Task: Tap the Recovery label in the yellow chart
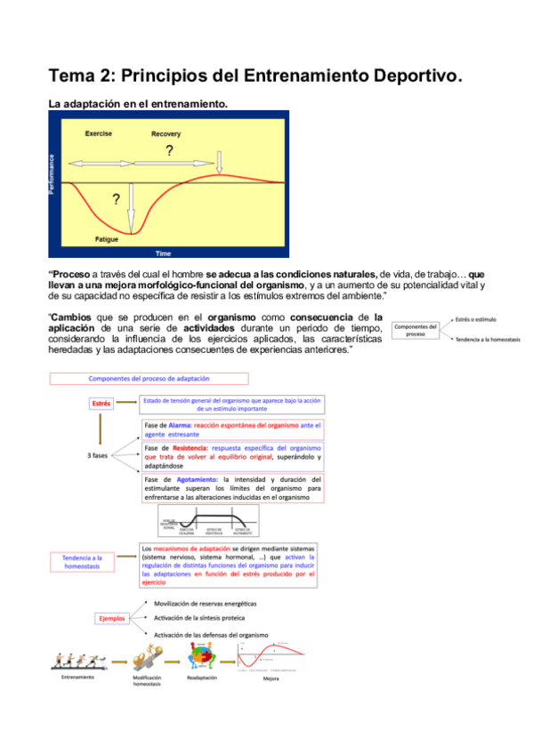pos(166,133)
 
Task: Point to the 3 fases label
pos(99,456)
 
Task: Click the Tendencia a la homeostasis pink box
pos(88,563)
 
